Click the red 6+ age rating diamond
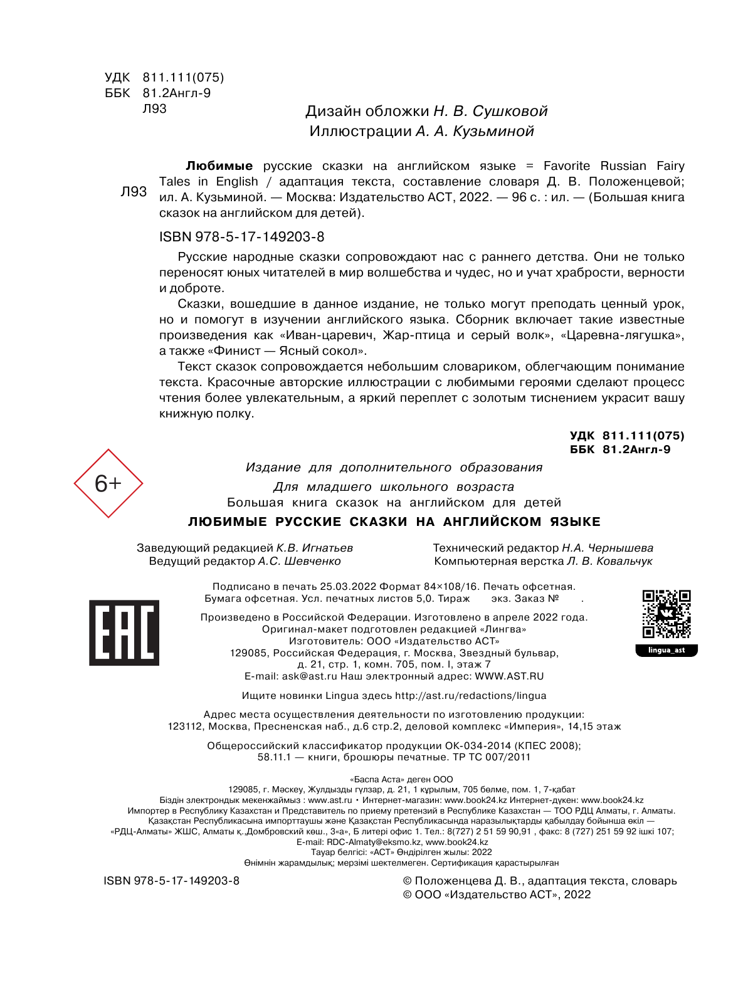click(108, 483)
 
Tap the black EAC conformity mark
click(124, 632)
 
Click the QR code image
click(666, 614)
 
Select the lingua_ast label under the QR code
click(666, 650)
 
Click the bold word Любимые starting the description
click(219, 166)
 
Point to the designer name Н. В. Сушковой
click(490, 112)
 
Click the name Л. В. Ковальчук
click(609, 561)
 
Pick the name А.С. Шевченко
click(299, 561)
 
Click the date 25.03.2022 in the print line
click(348, 587)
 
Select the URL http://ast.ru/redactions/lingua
click(470, 696)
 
